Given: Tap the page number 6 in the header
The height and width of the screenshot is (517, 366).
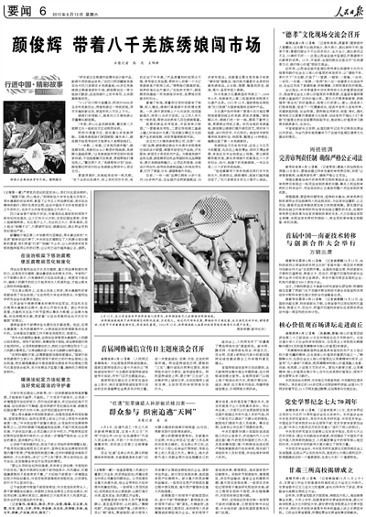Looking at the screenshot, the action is [x=43, y=9].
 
